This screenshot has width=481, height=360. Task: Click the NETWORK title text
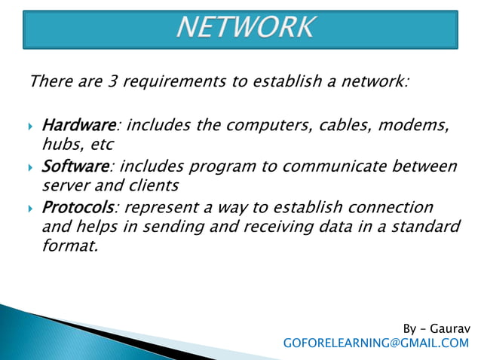[245, 28]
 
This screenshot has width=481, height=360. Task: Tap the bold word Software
[76, 166]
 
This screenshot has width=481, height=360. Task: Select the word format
[70, 245]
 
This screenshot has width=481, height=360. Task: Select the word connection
[387, 207]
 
